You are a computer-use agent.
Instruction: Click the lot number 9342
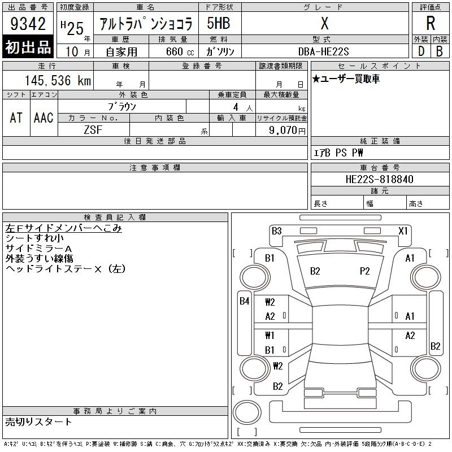(28, 24)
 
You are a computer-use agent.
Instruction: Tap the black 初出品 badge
(28, 46)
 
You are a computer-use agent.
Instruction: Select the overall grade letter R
(431, 23)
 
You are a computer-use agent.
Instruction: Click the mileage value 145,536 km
(58, 80)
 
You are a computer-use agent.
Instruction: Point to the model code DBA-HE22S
(323, 51)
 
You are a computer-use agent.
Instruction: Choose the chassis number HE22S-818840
(379, 179)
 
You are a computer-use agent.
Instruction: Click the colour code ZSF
(93, 130)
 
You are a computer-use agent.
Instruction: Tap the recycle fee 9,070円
(287, 131)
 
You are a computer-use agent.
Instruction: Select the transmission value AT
(16, 118)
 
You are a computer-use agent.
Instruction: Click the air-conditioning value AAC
(44, 118)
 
